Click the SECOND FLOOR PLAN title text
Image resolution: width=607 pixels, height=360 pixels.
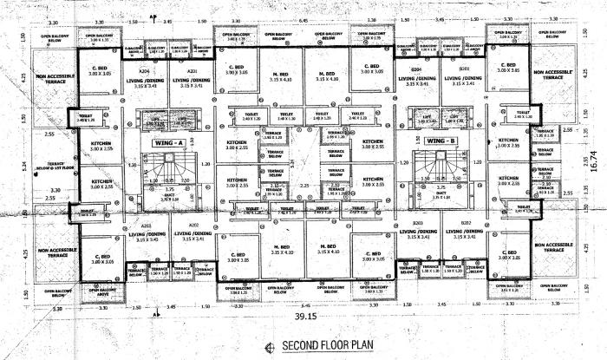(314, 347)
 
